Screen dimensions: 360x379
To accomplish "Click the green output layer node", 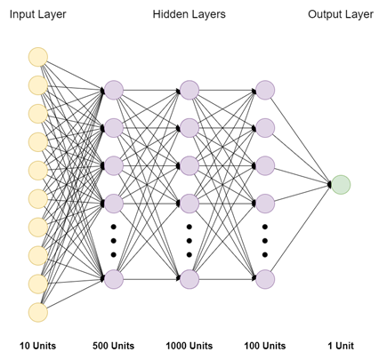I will (x=341, y=184).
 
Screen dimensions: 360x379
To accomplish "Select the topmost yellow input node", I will (x=37, y=57).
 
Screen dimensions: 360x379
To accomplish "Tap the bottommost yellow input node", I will (x=37, y=312).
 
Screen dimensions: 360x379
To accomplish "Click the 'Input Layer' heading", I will (x=37, y=15).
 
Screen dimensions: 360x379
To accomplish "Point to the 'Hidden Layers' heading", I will (x=189, y=15).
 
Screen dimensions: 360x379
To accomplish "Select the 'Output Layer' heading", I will (x=341, y=15).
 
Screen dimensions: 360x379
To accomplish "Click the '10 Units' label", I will (x=38, y=345).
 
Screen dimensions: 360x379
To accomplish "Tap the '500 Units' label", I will (x=114, y=345).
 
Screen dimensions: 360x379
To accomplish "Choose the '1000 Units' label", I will (x=189, y=345).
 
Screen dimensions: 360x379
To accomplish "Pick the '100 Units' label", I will (x=265, y=345).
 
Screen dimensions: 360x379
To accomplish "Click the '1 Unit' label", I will (x=341, y=345).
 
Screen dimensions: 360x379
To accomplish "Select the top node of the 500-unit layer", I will (x=114, y=89).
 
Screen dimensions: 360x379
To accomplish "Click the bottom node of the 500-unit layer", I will (x=114, y=279).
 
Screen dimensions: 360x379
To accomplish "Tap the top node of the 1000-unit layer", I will (x=189, y=89).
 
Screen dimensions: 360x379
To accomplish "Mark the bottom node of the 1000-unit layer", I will (x=189, y=279).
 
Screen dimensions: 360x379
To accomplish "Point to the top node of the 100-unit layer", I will (x=265, y=89).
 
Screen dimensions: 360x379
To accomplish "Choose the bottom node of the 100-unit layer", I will (x=265, y=279).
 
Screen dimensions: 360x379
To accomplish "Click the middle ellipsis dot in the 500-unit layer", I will (x=114, y=241).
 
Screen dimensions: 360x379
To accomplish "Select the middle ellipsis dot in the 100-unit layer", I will (x=265, y=241).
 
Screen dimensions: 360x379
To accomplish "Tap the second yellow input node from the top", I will (x=37, y=85).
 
